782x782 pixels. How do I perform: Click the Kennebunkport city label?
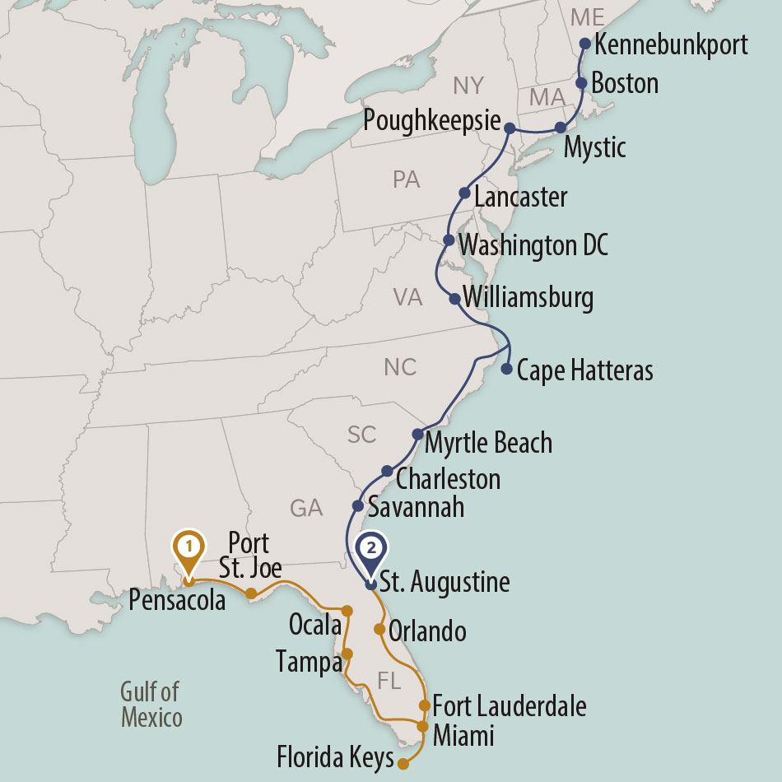click(x=670, y=44)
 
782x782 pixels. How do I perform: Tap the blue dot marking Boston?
click(x=581, y=83)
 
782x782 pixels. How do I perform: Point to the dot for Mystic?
click(x=561, y=127)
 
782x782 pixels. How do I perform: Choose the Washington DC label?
click(x=533, y=245)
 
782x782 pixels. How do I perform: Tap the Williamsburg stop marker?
click(x=454, y=299)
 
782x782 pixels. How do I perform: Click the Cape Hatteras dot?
click(x=506, y=368)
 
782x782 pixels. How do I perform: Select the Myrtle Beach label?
click(x=488, y=443)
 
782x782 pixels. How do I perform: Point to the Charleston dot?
click(x=387, y=471)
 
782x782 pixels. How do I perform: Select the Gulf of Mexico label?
click(x=151, y=705)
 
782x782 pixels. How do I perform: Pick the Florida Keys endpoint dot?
click(x=403, y=764)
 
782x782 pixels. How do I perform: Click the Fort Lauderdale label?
click(x=510, y=706)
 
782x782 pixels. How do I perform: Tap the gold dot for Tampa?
click(x=347, y=654)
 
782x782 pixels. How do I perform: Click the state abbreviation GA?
click(x=306, y=509)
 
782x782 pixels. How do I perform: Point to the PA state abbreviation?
click(x=407, y=179)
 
